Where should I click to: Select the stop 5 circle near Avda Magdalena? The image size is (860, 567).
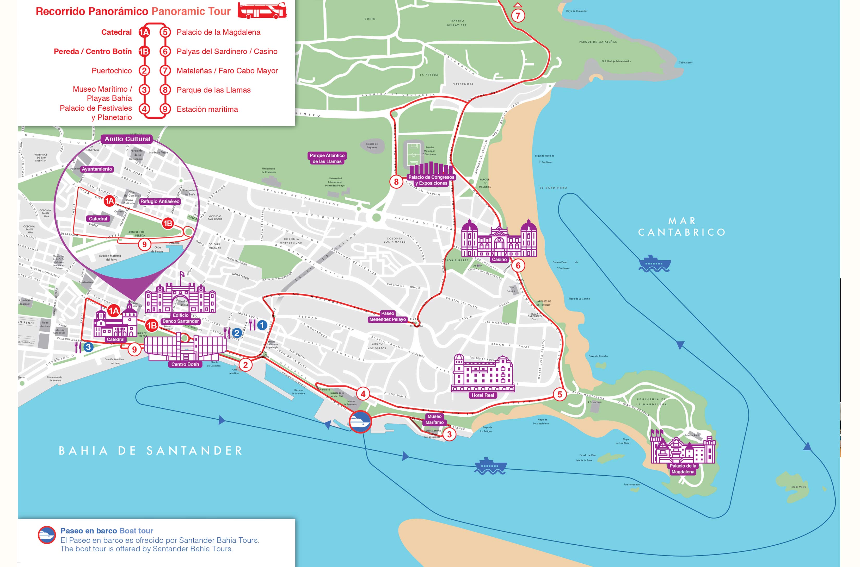(560, 394)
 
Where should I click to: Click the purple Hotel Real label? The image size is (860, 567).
(482, 395)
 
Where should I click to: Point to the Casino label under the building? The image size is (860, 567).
(499, 260)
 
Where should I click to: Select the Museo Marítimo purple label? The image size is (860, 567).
(434, 419)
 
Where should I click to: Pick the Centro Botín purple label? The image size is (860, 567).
(185, 364)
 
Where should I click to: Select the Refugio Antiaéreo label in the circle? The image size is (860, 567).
(159, 201)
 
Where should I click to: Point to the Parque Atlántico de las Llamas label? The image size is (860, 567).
(327, 158)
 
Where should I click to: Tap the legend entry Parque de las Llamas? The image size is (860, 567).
(213, 90)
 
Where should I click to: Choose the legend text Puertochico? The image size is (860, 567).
(112, 71)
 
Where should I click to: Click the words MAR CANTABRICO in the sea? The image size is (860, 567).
(681, 226)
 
